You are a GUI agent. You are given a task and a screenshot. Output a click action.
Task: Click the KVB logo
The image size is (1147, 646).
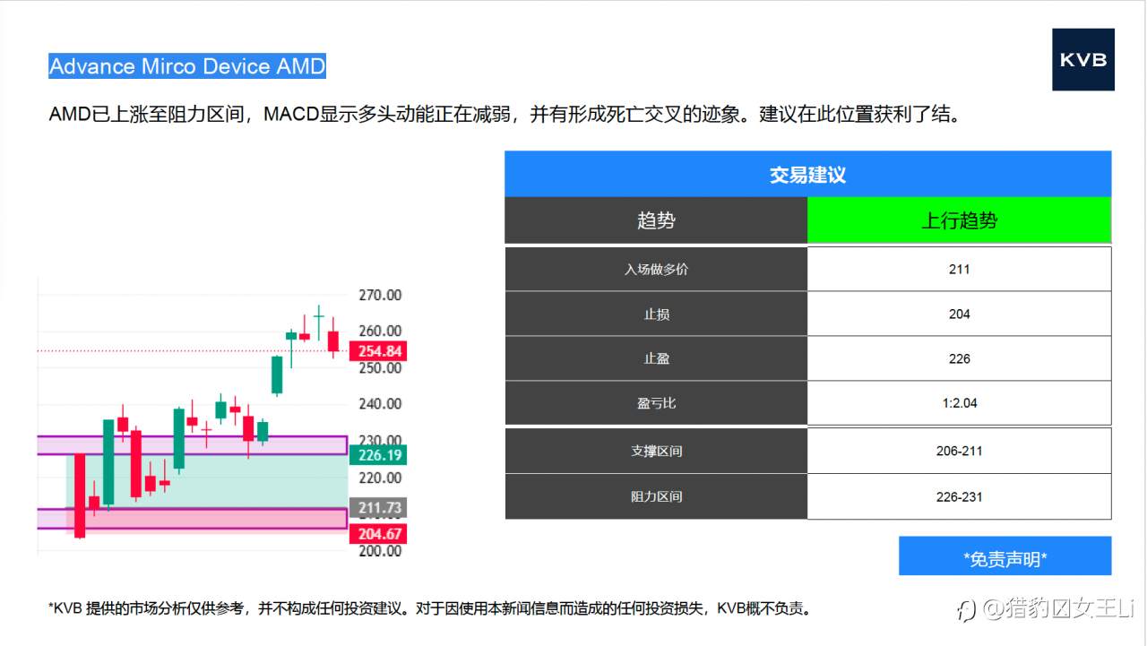pos(1083,59)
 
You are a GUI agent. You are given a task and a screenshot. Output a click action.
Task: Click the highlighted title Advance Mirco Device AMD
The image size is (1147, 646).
pos(187,66)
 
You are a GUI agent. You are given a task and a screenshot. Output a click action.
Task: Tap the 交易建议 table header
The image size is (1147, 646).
pos(807,174)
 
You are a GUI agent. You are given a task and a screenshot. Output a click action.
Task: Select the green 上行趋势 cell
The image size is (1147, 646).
pos(959,220)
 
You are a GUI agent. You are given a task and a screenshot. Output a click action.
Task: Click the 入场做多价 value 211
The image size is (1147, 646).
pos(959,270)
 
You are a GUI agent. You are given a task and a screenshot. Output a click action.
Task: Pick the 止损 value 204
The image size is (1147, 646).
pos(959,314)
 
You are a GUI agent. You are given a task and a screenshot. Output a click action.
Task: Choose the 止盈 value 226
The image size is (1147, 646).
pos(959,358)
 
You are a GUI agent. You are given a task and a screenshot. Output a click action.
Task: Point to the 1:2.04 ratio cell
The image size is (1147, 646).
pos(959,403)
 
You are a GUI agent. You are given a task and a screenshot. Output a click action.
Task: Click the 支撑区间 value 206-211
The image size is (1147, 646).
pos(959,451)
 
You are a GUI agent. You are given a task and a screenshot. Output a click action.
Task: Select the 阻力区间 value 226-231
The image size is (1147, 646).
pos(959,496)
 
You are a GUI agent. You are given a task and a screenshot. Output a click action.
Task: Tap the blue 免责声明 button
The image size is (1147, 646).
pos(1005,556)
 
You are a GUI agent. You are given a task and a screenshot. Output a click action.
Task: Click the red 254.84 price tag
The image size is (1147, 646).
pos(378,351)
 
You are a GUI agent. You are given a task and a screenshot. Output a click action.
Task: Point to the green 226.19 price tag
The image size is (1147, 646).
pos(378,455)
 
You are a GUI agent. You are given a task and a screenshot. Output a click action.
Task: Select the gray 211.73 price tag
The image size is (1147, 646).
pos(378,508)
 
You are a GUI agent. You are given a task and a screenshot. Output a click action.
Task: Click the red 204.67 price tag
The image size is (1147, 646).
pos(378,534)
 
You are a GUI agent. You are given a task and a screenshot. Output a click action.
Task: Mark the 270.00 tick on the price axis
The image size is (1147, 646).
pos(380,295)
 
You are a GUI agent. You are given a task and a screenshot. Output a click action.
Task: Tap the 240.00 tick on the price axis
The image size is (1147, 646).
pos(380,404)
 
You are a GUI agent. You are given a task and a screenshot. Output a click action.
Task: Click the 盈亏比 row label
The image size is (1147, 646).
pos(656,403)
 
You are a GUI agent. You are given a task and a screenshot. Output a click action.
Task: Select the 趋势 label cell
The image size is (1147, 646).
pos(656,220)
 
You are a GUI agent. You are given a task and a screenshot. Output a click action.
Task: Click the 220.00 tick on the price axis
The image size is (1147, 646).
pos(380,478)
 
